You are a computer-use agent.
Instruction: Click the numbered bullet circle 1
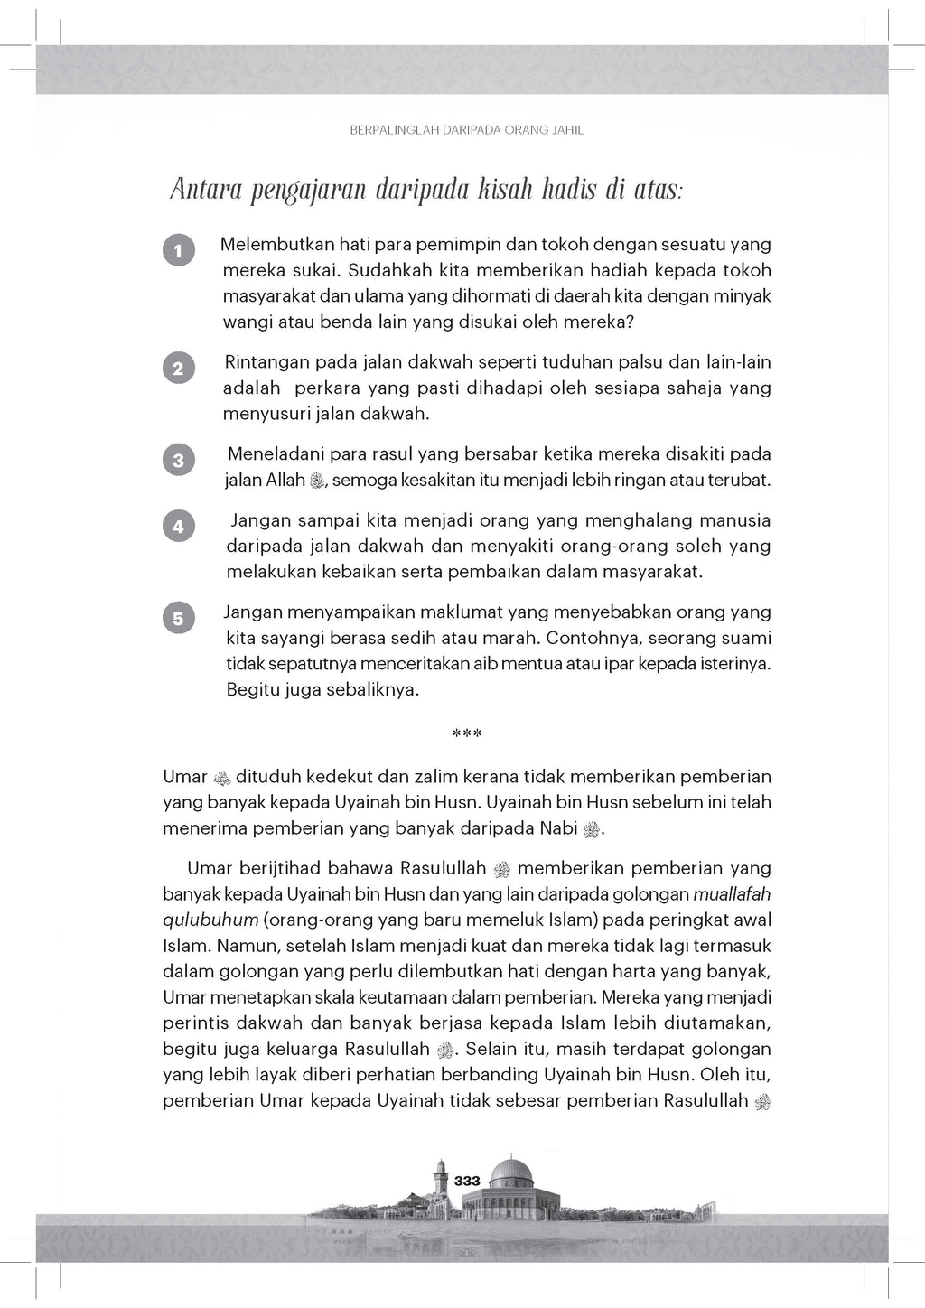(x=178, y=250)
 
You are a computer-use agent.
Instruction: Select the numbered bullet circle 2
(x=178, y=369)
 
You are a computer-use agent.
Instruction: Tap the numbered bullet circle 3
(x=178, y=461)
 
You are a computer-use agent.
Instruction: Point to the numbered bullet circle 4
(x=178, y=527)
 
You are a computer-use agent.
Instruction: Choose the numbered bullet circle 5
(x=178, y=619)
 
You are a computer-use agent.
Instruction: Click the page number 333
(x=468, y=1181)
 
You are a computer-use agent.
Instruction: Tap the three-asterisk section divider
(x=466, y=734)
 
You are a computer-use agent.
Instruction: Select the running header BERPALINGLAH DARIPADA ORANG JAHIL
(x=466, y=130)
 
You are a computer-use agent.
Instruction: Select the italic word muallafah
(x=731, y=895)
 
